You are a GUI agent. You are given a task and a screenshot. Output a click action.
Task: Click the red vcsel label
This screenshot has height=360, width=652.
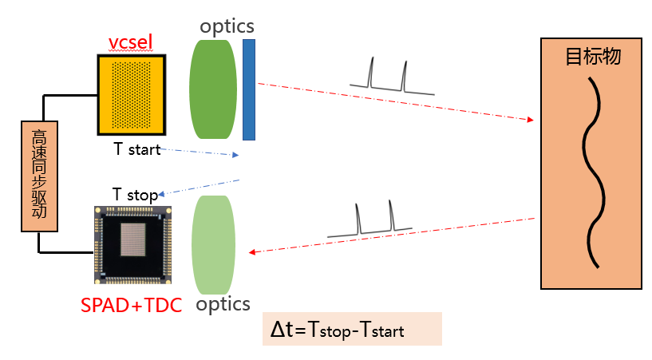130,42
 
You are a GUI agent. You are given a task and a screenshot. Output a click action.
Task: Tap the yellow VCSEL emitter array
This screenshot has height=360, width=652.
131,94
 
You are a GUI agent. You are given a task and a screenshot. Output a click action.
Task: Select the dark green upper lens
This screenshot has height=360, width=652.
213,89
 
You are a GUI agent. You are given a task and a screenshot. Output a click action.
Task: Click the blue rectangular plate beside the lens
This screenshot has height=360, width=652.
249,89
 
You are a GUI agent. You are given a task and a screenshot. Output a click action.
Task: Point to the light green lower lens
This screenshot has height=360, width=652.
213,244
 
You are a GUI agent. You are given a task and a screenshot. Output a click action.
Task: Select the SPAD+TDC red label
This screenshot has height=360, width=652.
132,304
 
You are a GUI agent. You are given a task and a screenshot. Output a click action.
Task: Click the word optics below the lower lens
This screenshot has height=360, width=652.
223,304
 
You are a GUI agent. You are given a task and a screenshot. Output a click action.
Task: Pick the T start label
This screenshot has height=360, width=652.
137,149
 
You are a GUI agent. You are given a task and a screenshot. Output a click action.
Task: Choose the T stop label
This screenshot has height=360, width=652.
134,194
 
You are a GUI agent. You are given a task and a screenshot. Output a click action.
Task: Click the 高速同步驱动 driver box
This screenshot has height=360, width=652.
40,176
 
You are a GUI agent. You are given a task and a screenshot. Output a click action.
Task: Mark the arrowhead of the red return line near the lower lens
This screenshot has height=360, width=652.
253,253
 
